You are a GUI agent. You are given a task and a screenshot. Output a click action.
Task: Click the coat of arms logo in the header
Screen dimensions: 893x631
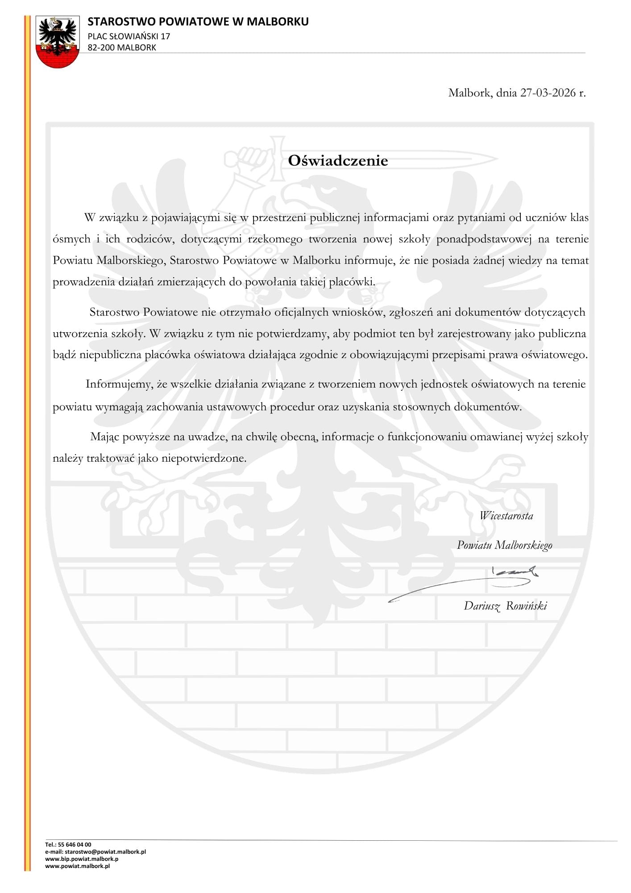[57, 42]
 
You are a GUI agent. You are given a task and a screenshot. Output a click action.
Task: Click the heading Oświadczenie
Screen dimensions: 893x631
[338, 161]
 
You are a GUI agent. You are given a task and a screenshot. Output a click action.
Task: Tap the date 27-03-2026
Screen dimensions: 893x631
[548, 93]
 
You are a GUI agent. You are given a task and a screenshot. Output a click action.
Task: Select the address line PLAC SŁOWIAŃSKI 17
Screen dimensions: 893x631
[129, 36]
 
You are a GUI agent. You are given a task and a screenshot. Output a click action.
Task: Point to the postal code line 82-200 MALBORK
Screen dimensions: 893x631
[122, 47]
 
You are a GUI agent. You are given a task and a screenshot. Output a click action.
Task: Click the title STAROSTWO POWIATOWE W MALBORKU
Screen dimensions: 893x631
[198, 21]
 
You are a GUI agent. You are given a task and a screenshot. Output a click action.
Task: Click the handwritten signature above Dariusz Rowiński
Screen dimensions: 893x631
[464, 583]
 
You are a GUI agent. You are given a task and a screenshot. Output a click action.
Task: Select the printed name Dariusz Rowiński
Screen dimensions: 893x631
[505, 606]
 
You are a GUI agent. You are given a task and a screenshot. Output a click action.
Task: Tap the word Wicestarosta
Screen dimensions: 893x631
[506, 516]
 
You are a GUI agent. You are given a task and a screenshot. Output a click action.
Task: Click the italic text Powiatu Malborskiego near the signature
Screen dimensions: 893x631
[504, 545]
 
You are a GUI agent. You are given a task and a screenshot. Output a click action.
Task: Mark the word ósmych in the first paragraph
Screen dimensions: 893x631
[71, 239]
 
